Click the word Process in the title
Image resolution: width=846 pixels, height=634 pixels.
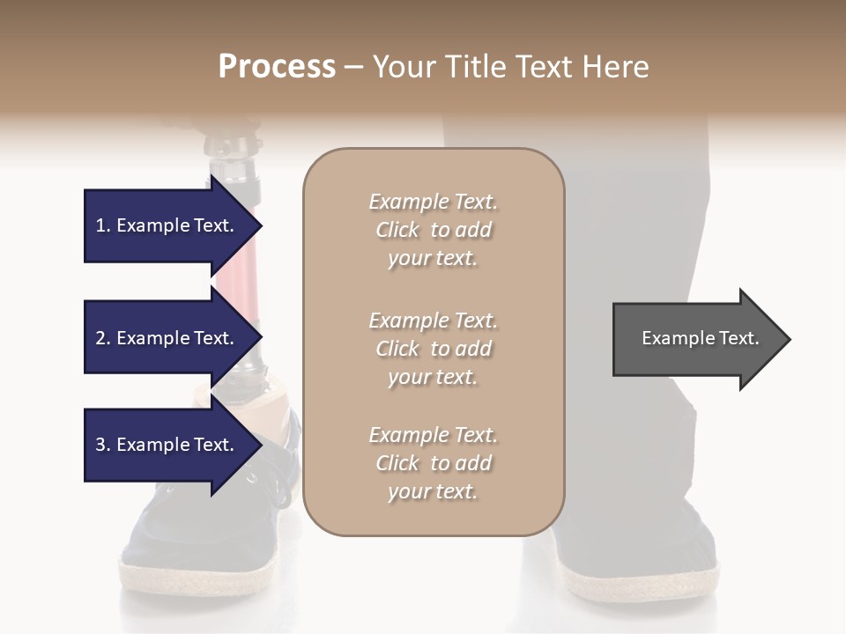coord(277,66)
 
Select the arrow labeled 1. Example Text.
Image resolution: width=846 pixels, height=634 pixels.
coord(167,225)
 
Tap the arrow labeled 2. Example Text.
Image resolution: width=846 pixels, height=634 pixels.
coord(167,338)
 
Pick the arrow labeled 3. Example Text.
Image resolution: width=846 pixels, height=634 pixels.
coord(167,445)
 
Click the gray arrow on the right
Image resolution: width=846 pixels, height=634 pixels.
coord(696,338)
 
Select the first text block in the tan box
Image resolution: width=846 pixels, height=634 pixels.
coord(433,230)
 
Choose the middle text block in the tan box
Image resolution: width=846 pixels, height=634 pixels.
coord(433,349)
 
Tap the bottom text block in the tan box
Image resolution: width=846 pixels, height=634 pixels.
coord(433,463)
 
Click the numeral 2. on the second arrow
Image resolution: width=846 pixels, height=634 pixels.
coord(103,338)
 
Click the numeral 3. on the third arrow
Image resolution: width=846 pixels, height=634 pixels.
coord(103,445)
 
